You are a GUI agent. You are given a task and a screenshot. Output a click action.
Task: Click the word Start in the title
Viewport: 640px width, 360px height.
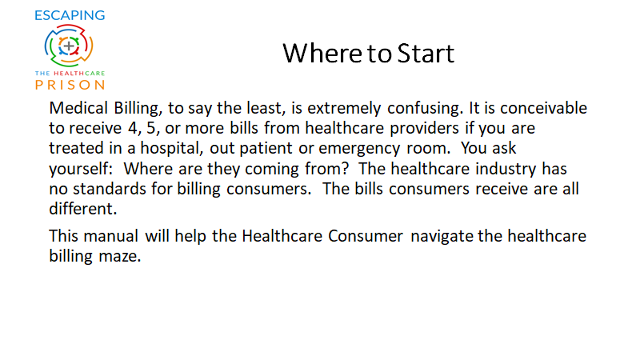coord(426,54)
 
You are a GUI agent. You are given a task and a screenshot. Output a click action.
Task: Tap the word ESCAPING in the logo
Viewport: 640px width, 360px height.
coord(70,15)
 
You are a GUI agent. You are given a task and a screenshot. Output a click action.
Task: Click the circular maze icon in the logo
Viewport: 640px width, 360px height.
coord(69,46)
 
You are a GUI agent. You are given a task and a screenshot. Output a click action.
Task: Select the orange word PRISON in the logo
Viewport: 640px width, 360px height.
coord(70,85)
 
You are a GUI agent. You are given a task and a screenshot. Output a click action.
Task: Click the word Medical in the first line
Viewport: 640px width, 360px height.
coord(78,108)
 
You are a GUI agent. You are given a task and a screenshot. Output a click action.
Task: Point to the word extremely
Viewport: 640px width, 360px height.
coord(344,109)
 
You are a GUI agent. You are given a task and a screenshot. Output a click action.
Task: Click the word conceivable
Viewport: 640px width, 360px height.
coord(543,108)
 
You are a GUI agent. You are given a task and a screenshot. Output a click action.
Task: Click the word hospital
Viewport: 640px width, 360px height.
coord(172,149)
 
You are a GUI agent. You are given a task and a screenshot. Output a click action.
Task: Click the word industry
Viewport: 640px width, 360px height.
coord(506,170)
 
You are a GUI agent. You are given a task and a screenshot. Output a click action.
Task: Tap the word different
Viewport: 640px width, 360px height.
coord(83,209)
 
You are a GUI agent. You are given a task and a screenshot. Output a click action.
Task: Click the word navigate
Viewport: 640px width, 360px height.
coord(442,237)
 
